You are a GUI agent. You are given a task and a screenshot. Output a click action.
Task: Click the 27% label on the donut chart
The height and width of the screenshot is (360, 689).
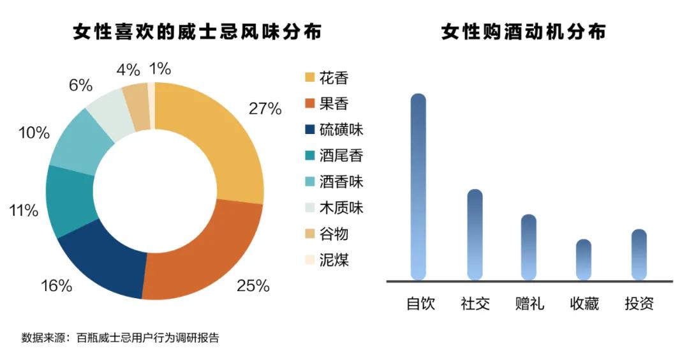pos(265,109)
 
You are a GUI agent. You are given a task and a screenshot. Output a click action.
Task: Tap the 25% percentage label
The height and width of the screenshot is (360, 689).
pos(253,286)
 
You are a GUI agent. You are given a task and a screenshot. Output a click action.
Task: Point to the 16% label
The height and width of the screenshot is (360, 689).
pos(57,286)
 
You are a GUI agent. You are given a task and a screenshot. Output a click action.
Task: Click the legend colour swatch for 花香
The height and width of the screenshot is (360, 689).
pos(309,78)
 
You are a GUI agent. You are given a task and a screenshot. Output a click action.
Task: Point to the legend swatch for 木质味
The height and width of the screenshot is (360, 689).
pos(309,208)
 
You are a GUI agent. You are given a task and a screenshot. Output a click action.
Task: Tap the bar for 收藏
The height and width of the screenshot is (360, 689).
pos(583,259)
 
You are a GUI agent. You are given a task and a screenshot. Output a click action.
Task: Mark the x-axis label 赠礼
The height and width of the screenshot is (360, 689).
pos(529,304)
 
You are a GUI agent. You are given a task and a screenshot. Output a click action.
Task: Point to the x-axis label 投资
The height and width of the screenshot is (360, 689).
pos(639,304)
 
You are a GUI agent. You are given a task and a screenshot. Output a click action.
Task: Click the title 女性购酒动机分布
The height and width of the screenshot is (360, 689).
pos(523,33)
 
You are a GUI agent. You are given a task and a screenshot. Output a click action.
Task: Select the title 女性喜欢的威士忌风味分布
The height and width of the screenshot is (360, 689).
pos(198,33)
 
